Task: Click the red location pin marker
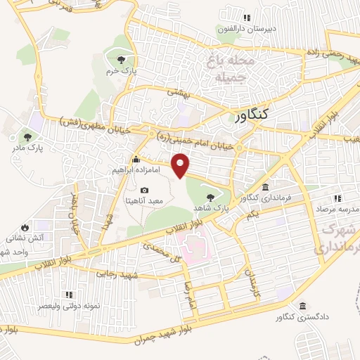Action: pos(181,165)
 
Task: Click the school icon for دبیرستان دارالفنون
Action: pos(245,18)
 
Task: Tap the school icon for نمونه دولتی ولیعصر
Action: pos(68,295)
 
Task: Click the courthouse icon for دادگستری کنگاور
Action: pos(302,307)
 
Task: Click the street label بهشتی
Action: pos(176,91)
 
